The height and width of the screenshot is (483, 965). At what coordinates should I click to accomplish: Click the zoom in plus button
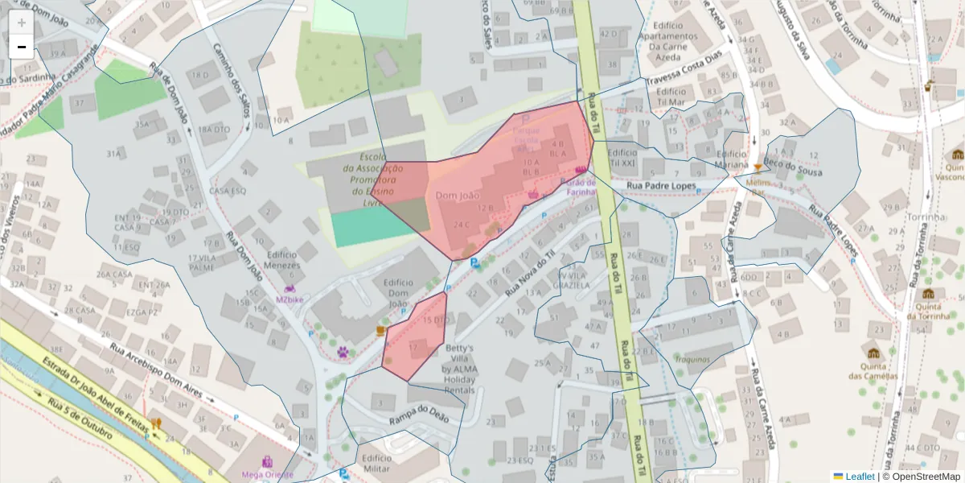coord(22,23)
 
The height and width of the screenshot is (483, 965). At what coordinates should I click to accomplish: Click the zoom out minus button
coord(22,47)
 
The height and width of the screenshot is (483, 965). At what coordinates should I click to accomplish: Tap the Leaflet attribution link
coord(860,477)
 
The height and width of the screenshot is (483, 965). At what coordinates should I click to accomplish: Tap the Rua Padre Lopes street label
coord(661,186)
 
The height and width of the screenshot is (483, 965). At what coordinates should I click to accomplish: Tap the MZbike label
coord(290,299)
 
